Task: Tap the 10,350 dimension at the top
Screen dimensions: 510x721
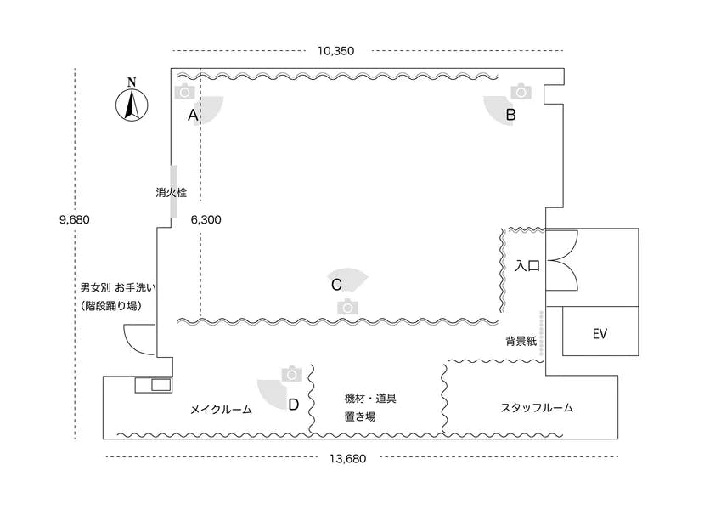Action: click(x=335, y=51)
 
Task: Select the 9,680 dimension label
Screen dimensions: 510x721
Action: click(x=75, y=219)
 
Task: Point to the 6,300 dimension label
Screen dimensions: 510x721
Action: click(x=206, y=219)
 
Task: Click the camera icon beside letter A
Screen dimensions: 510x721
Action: click(x=185, y=91)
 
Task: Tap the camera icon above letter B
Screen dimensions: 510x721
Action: click(x=521, y=91)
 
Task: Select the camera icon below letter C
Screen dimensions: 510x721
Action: click(x=346, y=307)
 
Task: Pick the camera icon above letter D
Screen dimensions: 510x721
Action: click(x=292, y=374)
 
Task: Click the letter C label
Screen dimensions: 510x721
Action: click(x=336, y=285)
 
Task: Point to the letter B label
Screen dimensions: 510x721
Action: click(x=511, y=114)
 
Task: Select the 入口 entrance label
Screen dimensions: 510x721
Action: click(x=527, y=266)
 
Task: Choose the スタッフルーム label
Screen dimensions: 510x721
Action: click(x=537, y=408)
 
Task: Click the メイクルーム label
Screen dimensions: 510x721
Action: click(x=220, y=410)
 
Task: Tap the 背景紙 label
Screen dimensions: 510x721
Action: click(x=521, y=341)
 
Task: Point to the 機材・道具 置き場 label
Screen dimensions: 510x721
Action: click(x=370, y=407)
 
